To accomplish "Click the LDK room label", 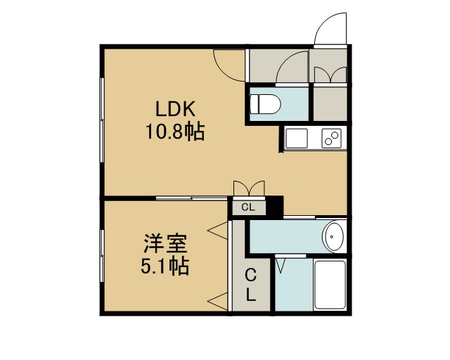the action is (175, 108).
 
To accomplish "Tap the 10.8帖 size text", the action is (175, 131).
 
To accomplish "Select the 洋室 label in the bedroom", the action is (165, 244).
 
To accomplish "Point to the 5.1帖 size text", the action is (165, 266).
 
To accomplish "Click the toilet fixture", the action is (265, 104).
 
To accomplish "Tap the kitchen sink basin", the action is (297, 139).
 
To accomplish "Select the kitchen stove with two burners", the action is (331, 139).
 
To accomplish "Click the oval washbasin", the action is (333, 237).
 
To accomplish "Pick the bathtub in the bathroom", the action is (330, 285).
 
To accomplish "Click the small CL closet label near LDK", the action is (248, 207).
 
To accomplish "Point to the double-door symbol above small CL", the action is (249, 188).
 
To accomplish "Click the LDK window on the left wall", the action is (101, 120).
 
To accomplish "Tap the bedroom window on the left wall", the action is (101, 255).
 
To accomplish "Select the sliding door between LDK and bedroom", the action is (191, 198).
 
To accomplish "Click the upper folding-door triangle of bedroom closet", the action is (218, 230).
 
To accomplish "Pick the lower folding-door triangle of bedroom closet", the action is (218, 302).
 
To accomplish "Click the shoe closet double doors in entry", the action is (330, 75).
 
